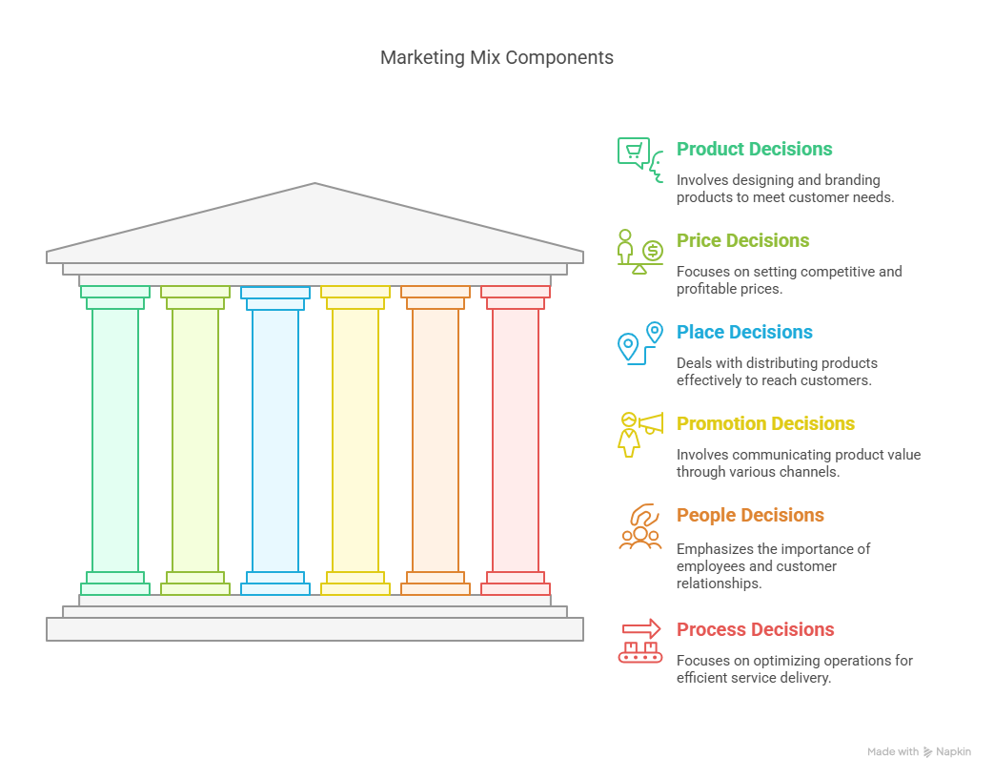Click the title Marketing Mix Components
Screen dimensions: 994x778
point(497,58)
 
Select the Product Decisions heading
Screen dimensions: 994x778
point(755,149)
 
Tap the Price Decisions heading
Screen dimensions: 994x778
point(743,240)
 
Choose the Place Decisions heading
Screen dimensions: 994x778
point(744,332)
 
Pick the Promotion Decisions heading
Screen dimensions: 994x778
point(765,423)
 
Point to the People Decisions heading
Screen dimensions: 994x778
point(750,515)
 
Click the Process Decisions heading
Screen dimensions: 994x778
point(755,629)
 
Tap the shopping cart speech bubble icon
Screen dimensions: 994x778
point(634,153)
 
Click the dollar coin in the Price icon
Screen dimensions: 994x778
point(652,251)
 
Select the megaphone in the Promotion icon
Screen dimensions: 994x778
point(651,423)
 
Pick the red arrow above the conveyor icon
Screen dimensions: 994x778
point(641,629)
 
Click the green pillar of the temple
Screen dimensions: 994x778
point(115,440)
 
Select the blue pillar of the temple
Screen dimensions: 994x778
point(275,440)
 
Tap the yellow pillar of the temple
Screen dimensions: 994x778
point(355,440)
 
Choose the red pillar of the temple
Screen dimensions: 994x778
point(516,440)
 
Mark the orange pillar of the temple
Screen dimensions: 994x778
point(436,440)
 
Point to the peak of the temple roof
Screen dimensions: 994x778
point(315,183)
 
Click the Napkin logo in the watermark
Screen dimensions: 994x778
point(927,752)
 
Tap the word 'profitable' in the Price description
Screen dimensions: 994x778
point(707,289)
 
